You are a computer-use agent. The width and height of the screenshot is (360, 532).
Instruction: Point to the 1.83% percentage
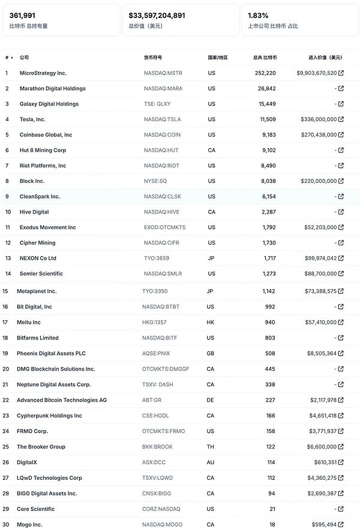[258, 16]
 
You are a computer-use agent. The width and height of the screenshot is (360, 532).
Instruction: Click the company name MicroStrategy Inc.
[43, 73]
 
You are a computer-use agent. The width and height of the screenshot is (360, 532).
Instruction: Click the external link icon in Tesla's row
[341, 119]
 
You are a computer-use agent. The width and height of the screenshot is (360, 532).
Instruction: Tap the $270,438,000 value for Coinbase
[317, 135]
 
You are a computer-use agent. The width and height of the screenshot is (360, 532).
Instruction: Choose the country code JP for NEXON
[211, 259]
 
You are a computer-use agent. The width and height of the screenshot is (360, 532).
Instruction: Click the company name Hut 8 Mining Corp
[43, 151]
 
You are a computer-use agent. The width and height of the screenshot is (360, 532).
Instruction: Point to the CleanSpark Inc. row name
[40, 197]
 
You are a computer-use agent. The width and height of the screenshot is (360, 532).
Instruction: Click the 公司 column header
[24, 58]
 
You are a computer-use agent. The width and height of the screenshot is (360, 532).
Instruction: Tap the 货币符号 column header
[152, 58]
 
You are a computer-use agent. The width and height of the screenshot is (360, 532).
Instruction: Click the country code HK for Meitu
[211, 322]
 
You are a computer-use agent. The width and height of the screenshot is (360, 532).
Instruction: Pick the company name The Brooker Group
[41, 447]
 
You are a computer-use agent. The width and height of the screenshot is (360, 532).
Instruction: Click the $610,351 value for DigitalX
[322, 462]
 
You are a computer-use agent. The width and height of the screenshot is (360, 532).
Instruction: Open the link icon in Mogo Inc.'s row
[341, 524]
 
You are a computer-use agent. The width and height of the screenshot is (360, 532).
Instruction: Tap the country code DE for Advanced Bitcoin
[211, 400]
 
